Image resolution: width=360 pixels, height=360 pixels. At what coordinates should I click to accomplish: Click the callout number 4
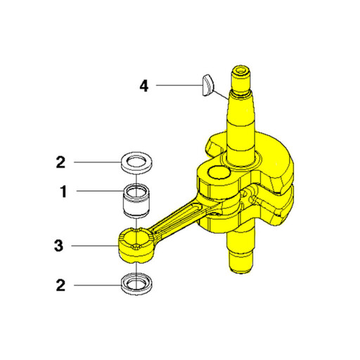pos(144,86)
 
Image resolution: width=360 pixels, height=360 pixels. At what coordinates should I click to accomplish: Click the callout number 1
pos(63,191)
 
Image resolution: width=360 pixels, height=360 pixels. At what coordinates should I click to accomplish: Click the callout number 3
pos(58,246)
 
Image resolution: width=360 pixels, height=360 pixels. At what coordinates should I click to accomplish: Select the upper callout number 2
pos(60,162)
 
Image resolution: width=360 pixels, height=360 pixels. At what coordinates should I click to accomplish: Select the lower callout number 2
pos(60,285)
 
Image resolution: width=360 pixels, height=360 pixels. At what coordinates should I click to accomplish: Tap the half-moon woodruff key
pos(207,85)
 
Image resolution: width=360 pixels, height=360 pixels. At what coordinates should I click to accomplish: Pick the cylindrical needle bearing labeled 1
pos(136,200)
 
